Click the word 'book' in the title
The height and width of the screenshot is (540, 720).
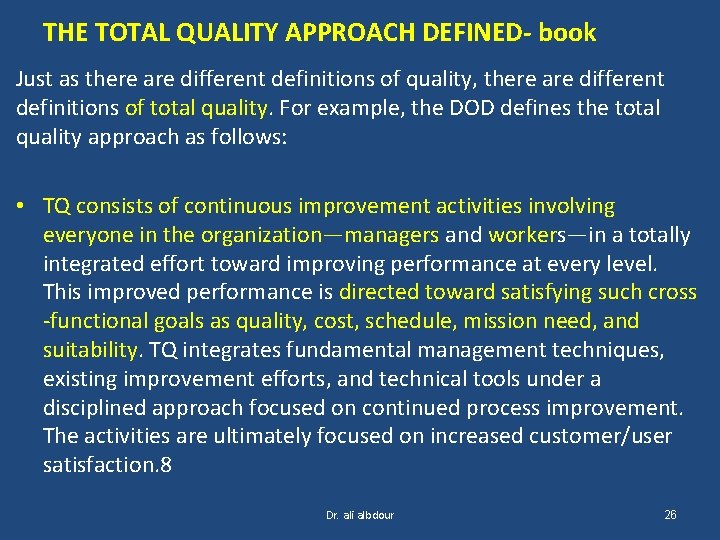(567, 33)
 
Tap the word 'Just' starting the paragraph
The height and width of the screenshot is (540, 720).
(35, 79)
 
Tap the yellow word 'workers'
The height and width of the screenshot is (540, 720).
(527, 236)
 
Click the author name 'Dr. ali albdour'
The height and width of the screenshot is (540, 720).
(360, 515)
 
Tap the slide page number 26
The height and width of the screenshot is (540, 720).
(670, 515)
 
